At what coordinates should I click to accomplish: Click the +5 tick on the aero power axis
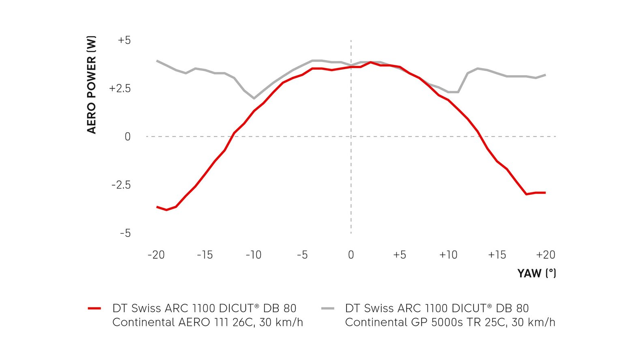124,41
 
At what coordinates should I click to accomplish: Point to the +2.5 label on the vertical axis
120,88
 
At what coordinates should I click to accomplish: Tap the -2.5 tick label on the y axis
121,185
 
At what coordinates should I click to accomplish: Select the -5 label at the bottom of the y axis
125,233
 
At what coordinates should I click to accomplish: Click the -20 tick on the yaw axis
156,255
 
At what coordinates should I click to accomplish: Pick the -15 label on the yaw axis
205,255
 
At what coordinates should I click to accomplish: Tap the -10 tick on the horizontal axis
254,255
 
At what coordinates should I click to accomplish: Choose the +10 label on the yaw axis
448,255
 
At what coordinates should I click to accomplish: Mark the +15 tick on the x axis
497,255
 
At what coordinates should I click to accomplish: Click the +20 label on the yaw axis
546,255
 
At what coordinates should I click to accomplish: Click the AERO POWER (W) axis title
92,85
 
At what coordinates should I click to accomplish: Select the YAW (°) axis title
536,274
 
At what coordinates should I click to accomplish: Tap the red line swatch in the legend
94,309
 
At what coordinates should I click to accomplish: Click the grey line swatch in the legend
327,309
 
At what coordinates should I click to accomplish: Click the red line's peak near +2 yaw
370,62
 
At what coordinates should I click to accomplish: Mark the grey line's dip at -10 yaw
254,98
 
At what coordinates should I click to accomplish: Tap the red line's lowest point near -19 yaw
166,210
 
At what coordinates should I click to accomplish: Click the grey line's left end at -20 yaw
157,61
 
